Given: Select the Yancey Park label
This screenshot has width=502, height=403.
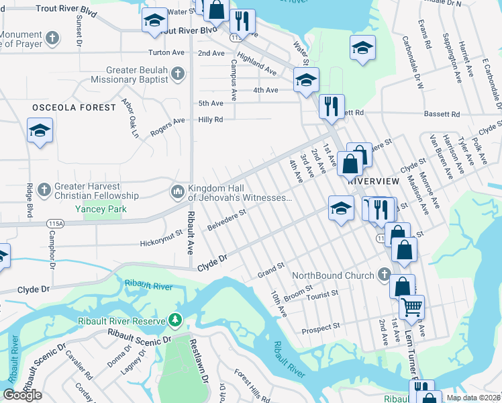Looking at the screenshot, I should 101,209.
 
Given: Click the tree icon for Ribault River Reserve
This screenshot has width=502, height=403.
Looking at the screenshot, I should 176,321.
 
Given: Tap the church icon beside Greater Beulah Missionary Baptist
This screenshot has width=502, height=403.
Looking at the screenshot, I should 177,73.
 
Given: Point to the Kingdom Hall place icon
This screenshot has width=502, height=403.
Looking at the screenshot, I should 177,192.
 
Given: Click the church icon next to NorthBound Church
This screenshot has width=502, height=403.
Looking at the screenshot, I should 384,275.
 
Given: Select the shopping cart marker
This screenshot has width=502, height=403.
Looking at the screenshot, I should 411,308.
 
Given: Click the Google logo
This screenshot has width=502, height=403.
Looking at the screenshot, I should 22,395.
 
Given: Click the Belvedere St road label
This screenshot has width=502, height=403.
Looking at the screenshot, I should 228,220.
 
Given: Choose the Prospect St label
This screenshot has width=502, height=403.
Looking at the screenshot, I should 321,328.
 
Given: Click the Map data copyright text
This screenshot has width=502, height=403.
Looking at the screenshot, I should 473,398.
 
